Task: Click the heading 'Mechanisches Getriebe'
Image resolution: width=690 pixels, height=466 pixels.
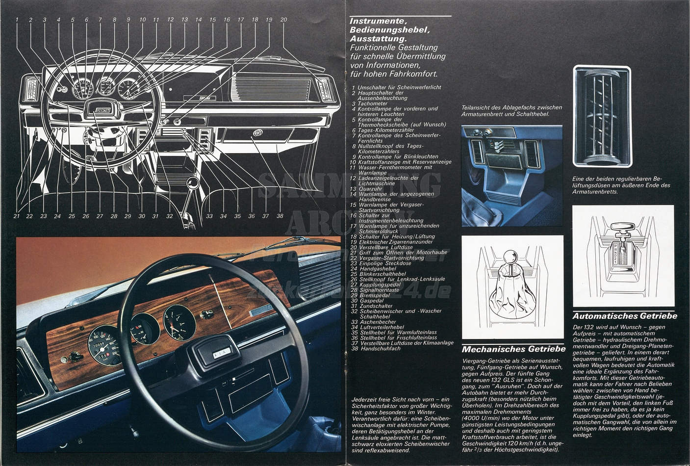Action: point(513,349)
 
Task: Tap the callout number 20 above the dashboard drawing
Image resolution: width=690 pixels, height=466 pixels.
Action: point(283,20)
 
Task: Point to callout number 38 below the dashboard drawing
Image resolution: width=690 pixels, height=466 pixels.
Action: point(280,216)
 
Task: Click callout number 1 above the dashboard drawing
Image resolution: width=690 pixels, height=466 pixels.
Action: point(17,20)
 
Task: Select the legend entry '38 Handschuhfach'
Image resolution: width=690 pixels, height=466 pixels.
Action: point(376,348)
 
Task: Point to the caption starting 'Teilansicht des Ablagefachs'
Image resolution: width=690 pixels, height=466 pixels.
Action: point(511,110)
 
